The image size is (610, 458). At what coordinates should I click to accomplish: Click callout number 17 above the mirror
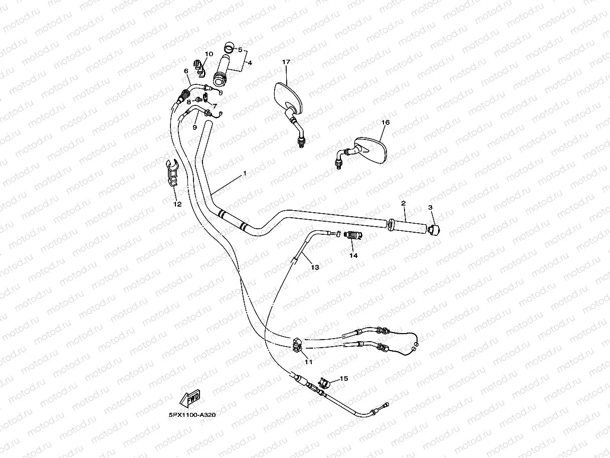tap(286, 62)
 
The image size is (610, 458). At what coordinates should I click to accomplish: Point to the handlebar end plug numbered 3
tap(435, 229)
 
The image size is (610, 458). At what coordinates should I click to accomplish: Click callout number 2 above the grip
tap(403, 203)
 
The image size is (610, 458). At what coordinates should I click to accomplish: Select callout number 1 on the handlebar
tap(245, 173)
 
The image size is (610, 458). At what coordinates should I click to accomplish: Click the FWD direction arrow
tap(190, 399)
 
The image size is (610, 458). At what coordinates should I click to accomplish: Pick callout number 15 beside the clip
tap(343, 379)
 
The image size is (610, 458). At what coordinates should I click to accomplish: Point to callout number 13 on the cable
tap(315, 267)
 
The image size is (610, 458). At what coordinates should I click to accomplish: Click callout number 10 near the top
tap(209, 54)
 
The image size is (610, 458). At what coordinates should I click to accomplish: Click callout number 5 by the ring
tap(240, 50)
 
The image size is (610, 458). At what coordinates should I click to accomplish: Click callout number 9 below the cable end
tap(195, 128)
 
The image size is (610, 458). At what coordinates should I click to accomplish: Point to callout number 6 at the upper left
tap(186, 71)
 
